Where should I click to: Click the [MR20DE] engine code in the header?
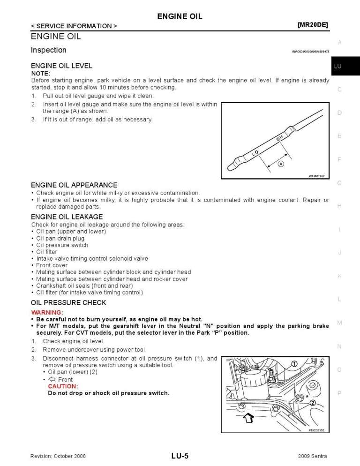pyautogui.click(x=313, y=25)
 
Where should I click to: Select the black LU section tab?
pyautogui.click(x=345, y=66)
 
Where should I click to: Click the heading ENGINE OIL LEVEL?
pyautogui.click(x=61, y=66)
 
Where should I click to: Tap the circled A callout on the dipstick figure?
pyautogui.click(x=281, y=164)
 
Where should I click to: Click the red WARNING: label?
pyautogui.click(x=47, y=312)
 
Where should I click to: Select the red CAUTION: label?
pyautogui.click(x=63, y=386)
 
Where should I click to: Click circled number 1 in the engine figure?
pyautogui.click(x=294, y=364)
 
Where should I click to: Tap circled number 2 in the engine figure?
pyautogui.click(x=312, y=402)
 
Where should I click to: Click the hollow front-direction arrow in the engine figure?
pyautogui.click(x=248, y=417)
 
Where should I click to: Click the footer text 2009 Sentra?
pyautogui.click(x=312, y=456)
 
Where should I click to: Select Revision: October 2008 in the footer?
pyautogui.click(x=58, y=456)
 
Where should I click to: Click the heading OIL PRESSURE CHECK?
pyautogui.click(x=68, y=302)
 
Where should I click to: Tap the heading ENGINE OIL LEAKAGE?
pyautogui.click(x=67, y=217)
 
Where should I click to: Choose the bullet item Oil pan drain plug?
pyautogui.click(x=60, y=238)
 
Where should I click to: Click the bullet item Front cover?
pyautogui.click(x=52, y=265)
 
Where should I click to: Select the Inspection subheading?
pyautogui.click(x=49, y=50)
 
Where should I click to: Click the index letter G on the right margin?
pyautogui.click(x=339, y=183)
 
